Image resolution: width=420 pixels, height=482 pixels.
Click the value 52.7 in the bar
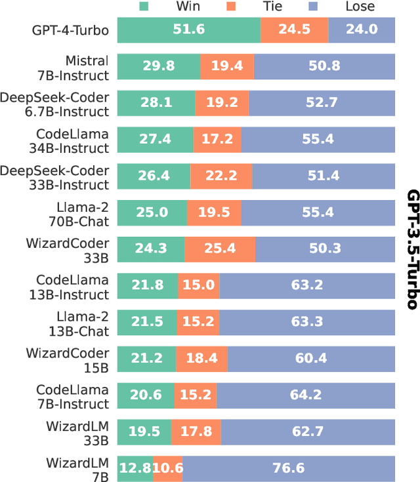tap(322, 102)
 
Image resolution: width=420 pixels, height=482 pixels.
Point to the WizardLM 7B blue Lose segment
tap(289, 468)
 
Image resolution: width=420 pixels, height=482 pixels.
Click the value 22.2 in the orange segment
tap(220, 176)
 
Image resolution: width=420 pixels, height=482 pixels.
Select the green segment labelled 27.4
tap(155, 139)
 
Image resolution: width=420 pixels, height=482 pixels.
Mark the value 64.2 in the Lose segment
tap(306, 395)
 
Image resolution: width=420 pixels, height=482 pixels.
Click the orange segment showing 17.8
tap(196, 432)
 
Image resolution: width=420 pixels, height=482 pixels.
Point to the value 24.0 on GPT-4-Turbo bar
tap(362, 30)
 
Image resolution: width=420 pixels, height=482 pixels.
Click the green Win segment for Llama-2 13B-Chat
tap(147, 322)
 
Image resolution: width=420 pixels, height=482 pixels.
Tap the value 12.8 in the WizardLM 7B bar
tap(135, 468)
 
